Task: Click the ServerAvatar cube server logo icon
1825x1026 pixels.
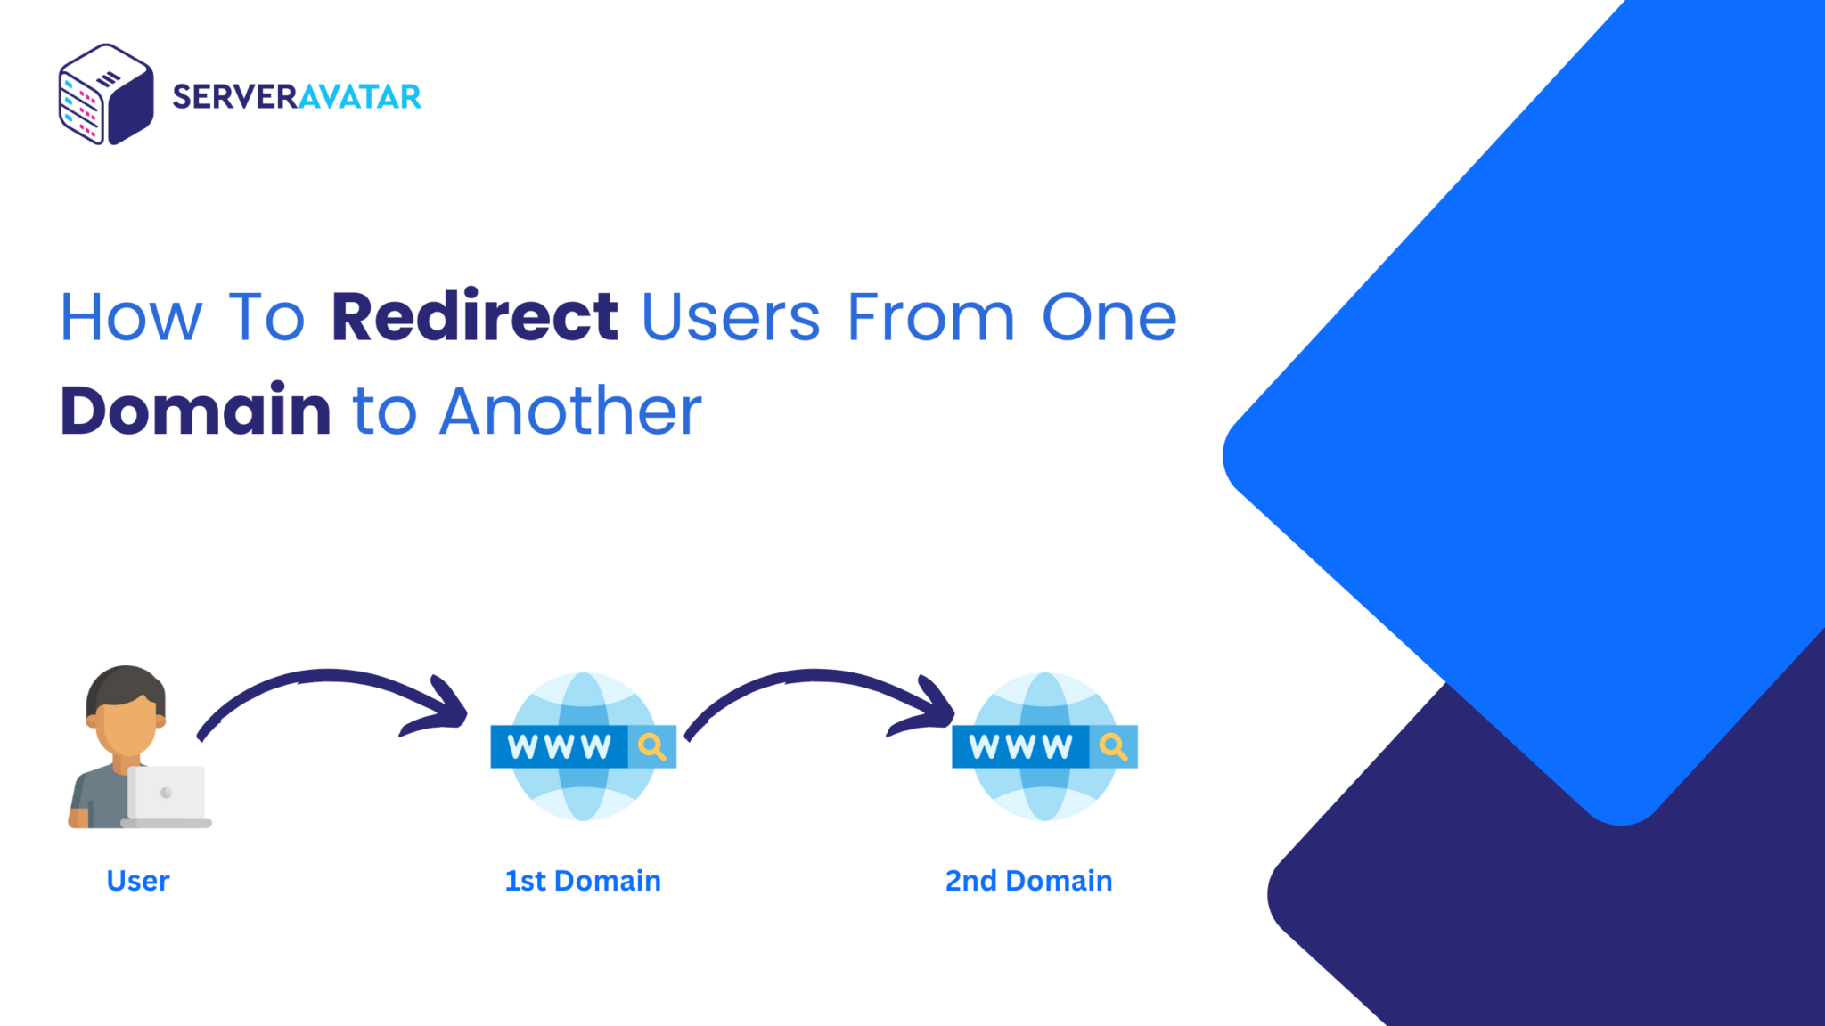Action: [106, 94]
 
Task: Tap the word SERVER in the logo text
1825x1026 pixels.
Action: [234, 96]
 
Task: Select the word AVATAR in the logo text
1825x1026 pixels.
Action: [359, 96]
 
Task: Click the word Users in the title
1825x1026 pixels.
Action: [730, 317]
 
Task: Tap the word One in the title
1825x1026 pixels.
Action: [1109, 317]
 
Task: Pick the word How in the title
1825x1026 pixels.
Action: [131, 317]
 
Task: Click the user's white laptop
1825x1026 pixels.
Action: [167, 796]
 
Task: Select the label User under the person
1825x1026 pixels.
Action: [137, 881]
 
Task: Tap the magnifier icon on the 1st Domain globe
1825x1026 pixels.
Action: [652, 746]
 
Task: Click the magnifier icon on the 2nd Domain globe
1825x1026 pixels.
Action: [1113, 746]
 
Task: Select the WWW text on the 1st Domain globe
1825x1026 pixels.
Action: [560, 746]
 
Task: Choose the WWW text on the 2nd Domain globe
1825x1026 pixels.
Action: [1020, 746]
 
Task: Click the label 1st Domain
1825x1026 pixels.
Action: [583, 881]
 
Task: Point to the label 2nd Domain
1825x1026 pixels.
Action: [1028, 881]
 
